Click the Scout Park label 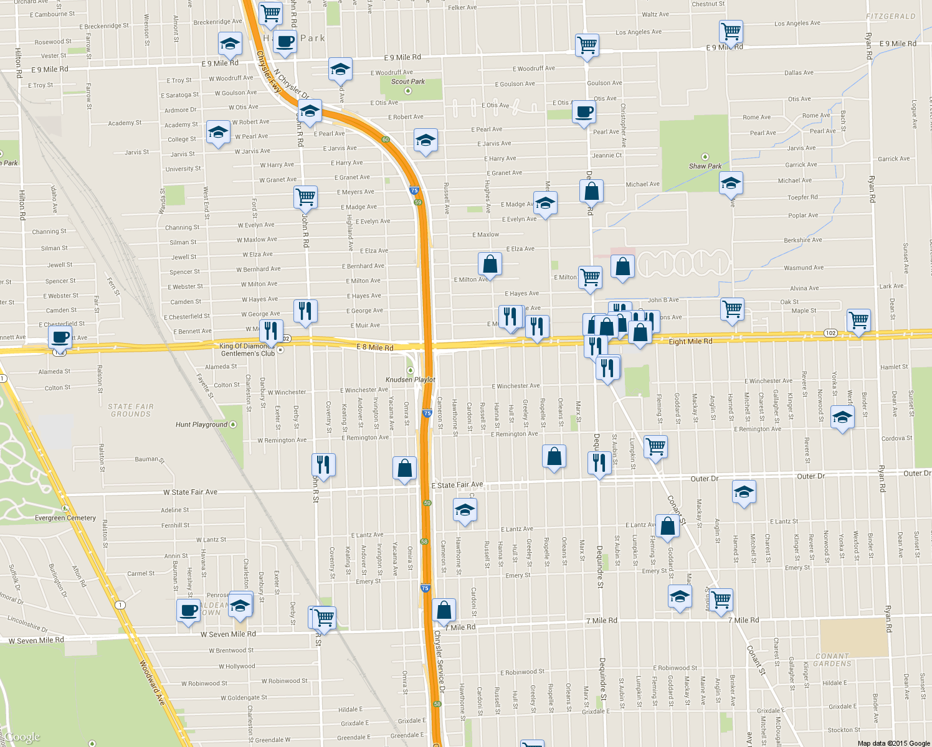(x=408, y=82)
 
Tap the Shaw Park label (x=705, y=166)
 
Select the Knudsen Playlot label (x=411, y=380)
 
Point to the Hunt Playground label (x=202, y=425)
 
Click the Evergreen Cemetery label (x=65, y=518)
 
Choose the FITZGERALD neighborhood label (x=891, y=16)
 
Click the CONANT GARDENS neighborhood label (x=832, y=660)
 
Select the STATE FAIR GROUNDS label (x=131, y=410)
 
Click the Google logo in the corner (x=22, y=737)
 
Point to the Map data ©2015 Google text (x=893, y=743)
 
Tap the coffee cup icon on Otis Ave (x=584, y=112)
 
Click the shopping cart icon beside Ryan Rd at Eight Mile (x=858, y=320)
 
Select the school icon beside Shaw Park (x=731, y=183)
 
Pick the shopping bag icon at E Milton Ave (x=490, y=264)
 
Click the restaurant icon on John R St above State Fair (x=323, y=464)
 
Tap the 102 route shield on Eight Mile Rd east (x=830, y=333)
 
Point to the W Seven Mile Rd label (x=228, y=634)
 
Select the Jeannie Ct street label (x=607, y=156)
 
